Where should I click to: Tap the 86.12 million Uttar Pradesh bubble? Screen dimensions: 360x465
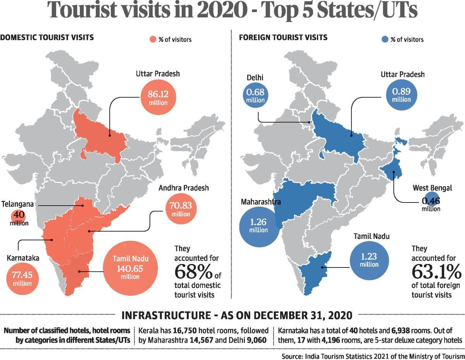158,97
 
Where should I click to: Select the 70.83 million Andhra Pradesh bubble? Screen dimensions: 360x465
181,209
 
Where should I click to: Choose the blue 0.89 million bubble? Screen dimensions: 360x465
401,95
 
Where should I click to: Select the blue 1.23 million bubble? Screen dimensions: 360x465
369,260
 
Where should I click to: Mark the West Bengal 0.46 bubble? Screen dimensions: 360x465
431,201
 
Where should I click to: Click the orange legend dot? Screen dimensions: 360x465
153,39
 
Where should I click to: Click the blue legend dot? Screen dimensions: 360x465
384,39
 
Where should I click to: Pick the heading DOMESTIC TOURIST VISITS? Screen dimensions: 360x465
47,38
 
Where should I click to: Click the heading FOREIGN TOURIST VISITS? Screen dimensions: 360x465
283,38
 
